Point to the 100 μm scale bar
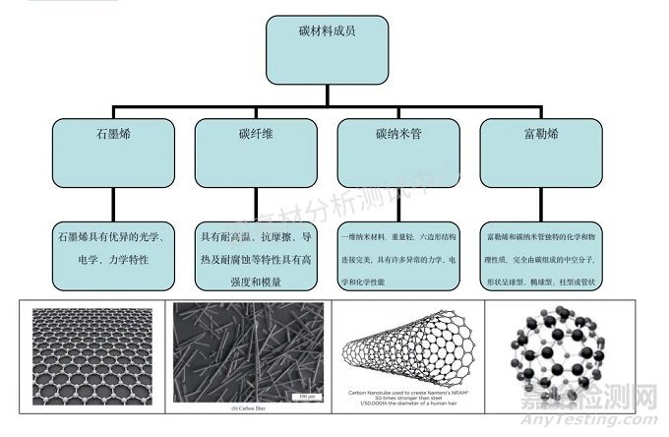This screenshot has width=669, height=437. (304, 397)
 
